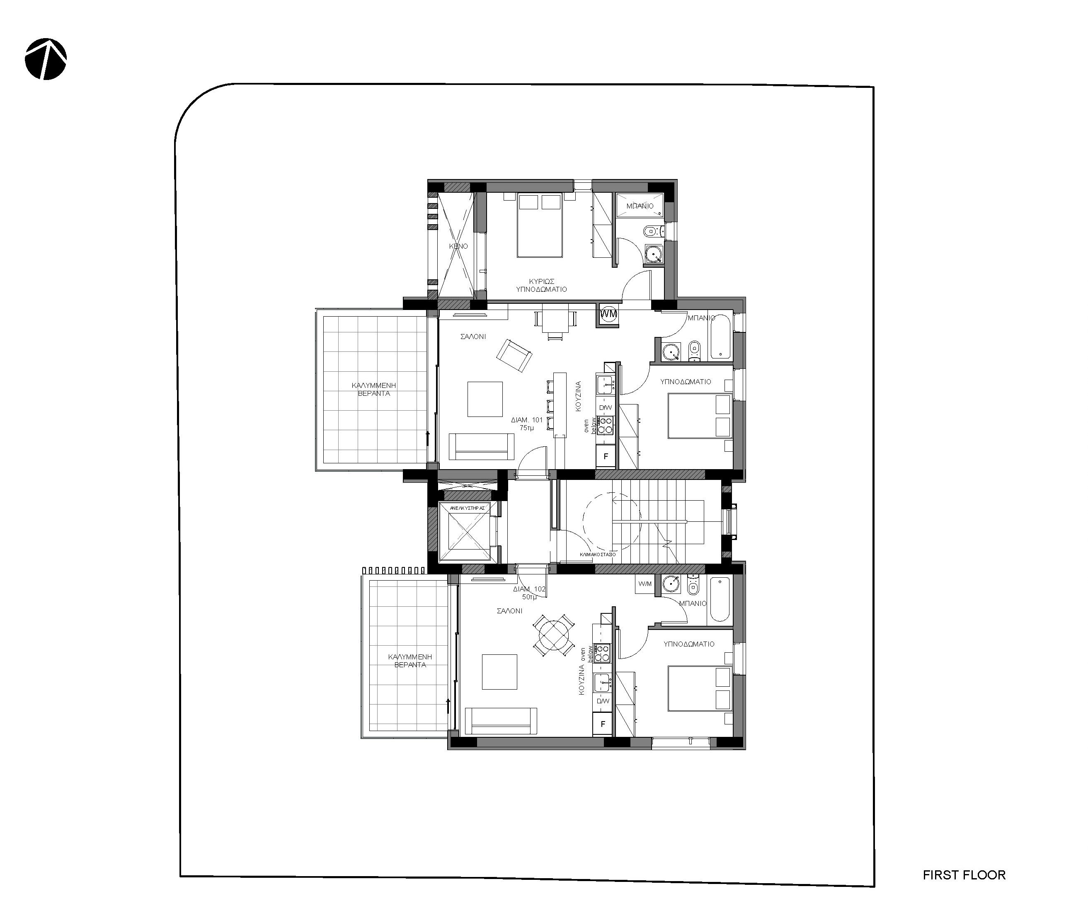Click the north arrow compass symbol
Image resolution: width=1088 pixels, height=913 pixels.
pyautogui.click(x=46, y=58)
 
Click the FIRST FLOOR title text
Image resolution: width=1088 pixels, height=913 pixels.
pyautogui.click(x=964, y=875)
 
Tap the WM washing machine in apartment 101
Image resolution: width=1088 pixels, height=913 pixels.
pyautogui.click(x=609, y=314)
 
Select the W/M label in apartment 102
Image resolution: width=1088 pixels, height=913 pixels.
pyautogui.click(x=645, y=584)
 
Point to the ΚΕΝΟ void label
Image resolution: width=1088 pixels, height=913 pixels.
pyautogui.click(x=458, y=246)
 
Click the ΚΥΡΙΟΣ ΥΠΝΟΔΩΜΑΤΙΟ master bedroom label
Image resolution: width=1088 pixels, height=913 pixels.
pyautogui.click(x=541, y=286)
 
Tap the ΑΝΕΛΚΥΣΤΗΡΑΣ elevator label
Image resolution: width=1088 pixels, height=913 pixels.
pyautogui.click(x=468, y=509)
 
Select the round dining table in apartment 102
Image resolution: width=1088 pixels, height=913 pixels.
pyautogui.click(x=554, y=635)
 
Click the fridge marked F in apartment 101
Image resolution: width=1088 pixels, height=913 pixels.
pyautogui.click(x=606, y=457)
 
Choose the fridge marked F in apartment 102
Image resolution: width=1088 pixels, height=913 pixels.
pyautogui.click(x=603, y=724)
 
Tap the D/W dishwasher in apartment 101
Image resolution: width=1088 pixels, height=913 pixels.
pyautogui.click(x=605, y=408)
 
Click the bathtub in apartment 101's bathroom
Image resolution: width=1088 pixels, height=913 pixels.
pyautogui.click(x=720, y=338)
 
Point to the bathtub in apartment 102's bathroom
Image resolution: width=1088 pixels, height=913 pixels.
pyautogui.click(x=720, y=599)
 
